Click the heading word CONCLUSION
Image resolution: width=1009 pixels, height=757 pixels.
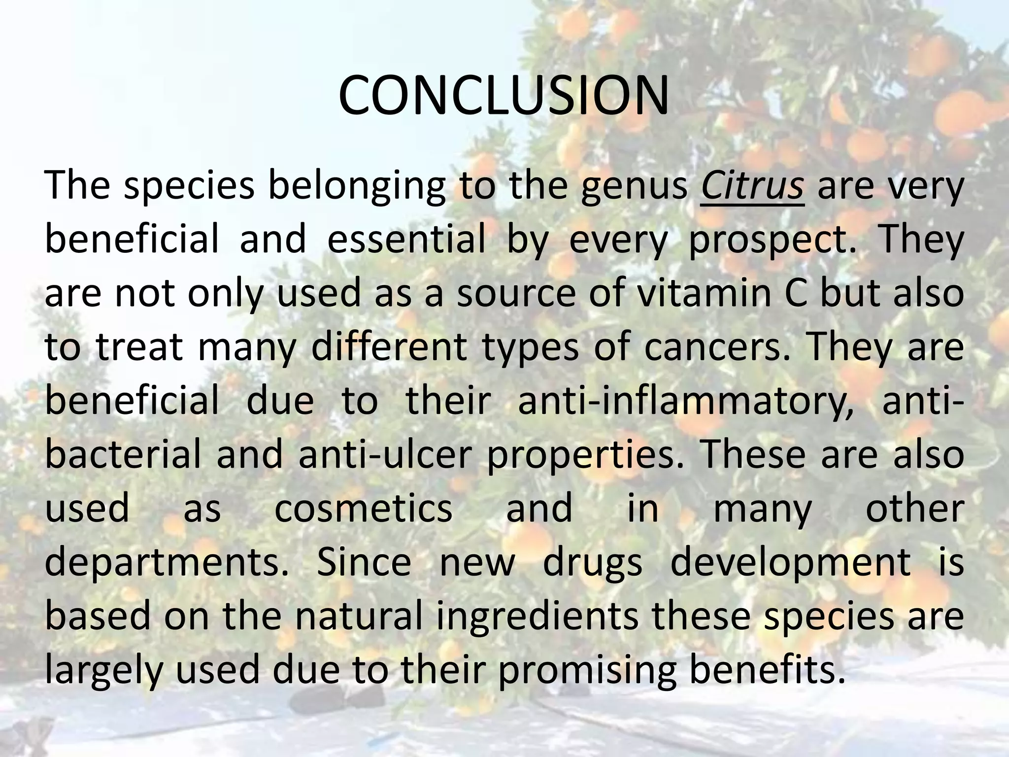click(504, 96)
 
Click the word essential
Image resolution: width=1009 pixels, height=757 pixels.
click(406, 241)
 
